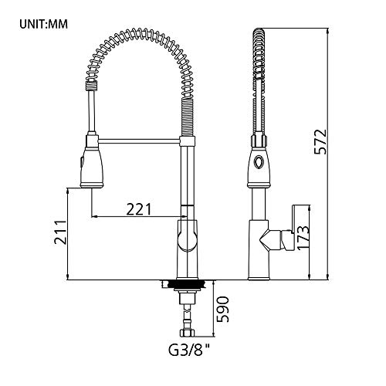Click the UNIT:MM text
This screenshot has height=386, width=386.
43,24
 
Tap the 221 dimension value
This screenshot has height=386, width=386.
139,209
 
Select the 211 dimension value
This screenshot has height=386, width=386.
60,232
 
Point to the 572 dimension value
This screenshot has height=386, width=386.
320,142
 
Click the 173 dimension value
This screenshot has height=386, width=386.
303,238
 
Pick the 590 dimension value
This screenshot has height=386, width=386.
222,310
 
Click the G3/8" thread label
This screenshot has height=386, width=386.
189,350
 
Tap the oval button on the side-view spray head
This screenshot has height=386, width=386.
258,162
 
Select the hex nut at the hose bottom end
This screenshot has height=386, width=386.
187,334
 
